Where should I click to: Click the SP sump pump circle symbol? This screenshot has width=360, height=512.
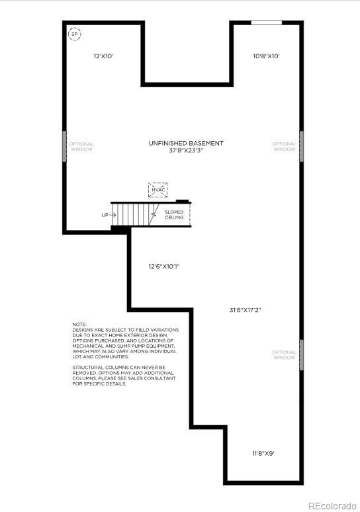pyautogui.click(x=75, y=34)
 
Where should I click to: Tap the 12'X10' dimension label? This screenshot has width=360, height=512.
pyautogui.click(x=103, y=56)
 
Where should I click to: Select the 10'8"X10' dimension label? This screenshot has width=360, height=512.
pyautogui.click(x=267, y=56)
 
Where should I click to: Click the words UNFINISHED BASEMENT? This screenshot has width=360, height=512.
pyautogui.click(x=186, y=143)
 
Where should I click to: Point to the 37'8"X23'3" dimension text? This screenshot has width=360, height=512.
pyautogui.click(x=186, y=150)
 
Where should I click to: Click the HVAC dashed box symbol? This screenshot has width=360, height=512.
pyautogui.click(x=157, y=190)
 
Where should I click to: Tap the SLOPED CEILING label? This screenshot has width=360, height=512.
pyautogui.click(x=175, y=215)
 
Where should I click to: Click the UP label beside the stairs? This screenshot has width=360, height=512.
pyautogui.click(x=104, y=215)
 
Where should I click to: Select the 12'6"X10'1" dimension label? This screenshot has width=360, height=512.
pyautogui.click(x=164, y=266)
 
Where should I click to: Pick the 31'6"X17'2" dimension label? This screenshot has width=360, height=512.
pyautogui.click(x=246, y=309)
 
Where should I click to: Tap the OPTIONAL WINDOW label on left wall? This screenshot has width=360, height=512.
pyautogui.click(x=81, y=146)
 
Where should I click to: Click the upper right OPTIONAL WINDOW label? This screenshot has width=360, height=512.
pyautogui.click(x=285, y=146)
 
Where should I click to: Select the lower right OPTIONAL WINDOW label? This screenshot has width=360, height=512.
pyautogui.click(x=285, y=355)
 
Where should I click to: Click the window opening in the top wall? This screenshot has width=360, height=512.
pyautogui.click(x=266, y=23)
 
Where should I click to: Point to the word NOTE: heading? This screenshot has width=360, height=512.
pyautogui.click(x=79, y=324)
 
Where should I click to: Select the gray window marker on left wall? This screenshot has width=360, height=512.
pyautogui.click(x=65, y=146)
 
